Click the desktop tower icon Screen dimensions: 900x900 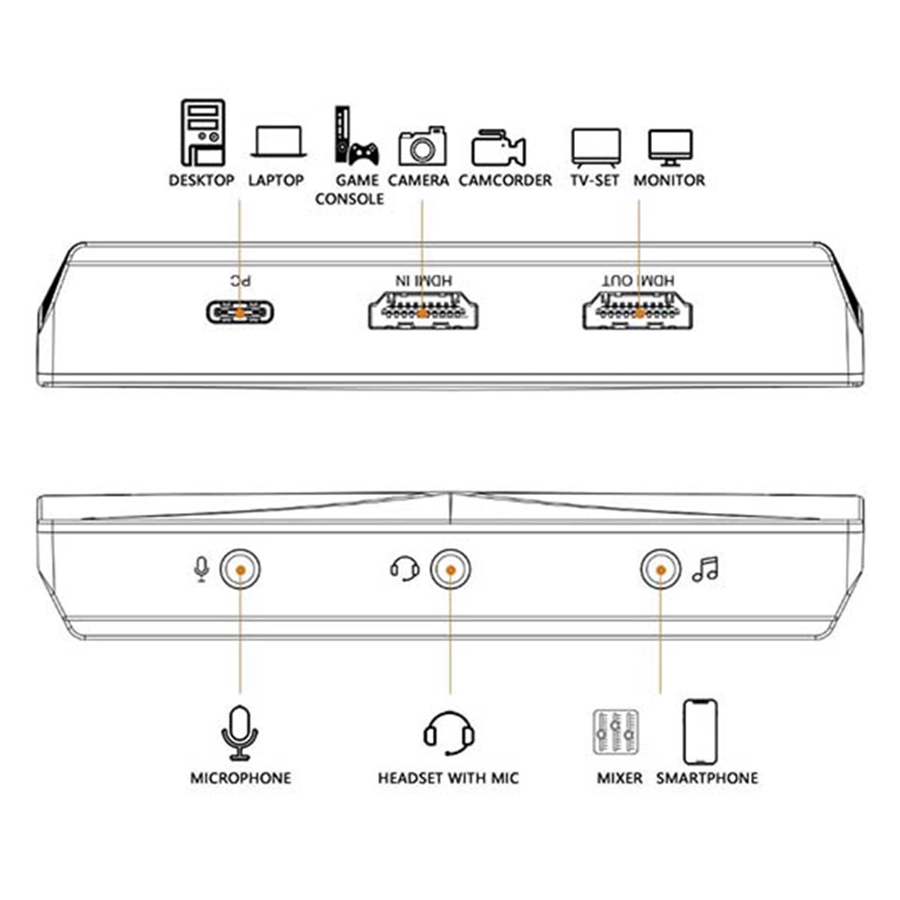click(203, 133)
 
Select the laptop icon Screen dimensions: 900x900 click(278, 142)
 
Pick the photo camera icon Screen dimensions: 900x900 click(422, 146)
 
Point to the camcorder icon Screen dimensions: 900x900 click(498, 148)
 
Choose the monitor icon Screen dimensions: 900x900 click(670, 147)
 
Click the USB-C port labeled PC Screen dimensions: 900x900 click(240, 313)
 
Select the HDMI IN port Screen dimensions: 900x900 click(423, 311)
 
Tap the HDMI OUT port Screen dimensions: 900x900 click(637, 311)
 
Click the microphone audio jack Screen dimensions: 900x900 click(240, 569)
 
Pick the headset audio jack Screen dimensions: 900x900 click(451, 569)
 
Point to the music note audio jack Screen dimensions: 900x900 click(660, 569)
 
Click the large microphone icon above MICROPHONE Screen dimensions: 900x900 click(240, 733)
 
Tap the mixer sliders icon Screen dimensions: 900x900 click(615, 731)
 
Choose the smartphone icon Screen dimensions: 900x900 click(700, 731)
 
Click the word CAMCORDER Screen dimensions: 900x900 click(505, 180)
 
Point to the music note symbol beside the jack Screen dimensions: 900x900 click(705, 569)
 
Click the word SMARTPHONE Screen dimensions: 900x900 click(707, 778)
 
